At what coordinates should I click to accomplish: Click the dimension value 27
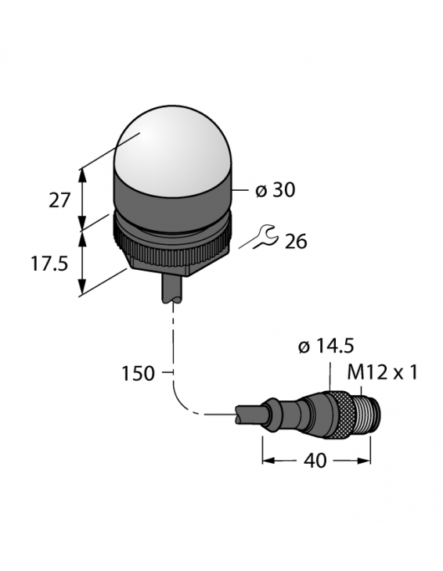click(x=59, y=200)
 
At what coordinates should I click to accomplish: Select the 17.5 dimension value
click(x=50, y=264)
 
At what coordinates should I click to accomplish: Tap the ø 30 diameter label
click(x=275, y=190)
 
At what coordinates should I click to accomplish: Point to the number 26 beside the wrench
click(x=296, y=242)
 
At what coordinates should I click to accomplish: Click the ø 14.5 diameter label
click(x=326, y=347)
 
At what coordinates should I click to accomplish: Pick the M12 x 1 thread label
click(x=382, y=372)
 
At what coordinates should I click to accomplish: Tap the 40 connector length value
click(x=316, y=461)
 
